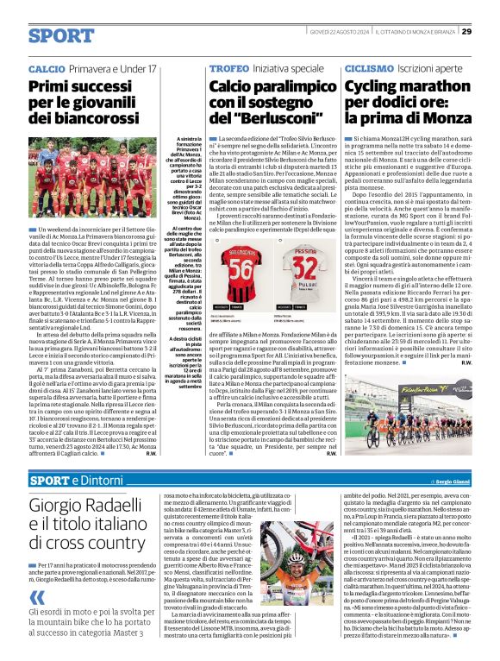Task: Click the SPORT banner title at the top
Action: pos(61,35)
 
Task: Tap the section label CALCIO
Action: pos(46,67)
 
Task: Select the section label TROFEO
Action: pos(228,67)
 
